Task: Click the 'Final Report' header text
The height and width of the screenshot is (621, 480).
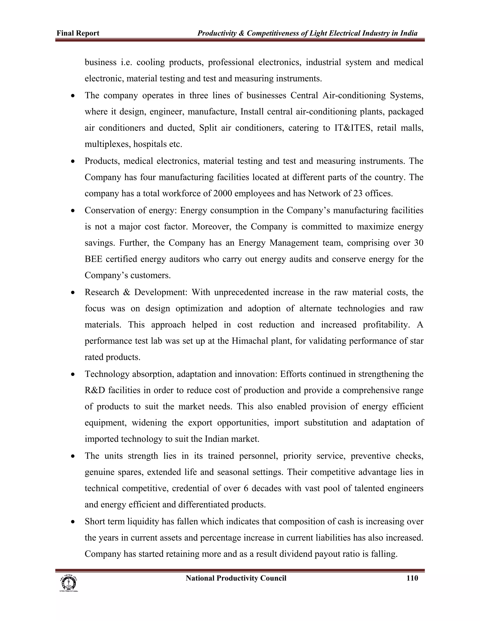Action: pyautogui.click(x=78, y=33)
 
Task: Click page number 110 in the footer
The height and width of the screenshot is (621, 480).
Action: pyautogui.click(x=412, y=578)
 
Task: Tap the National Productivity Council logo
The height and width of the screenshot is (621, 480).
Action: pyautogui.click(x=68, y=584)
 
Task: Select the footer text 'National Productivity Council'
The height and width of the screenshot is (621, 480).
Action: pyautogui.click(x=236, y=578)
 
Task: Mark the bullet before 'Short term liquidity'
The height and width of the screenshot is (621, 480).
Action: pyautogui.click(x=73, y=522)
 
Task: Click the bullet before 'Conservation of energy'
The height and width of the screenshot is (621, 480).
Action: pyautogui.click(x=73, y=211)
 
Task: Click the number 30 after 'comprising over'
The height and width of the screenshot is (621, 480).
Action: pyautogui.click(x=418, y=243)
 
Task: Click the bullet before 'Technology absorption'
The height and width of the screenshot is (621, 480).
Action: pyautogui.click(x=73, y=374)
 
